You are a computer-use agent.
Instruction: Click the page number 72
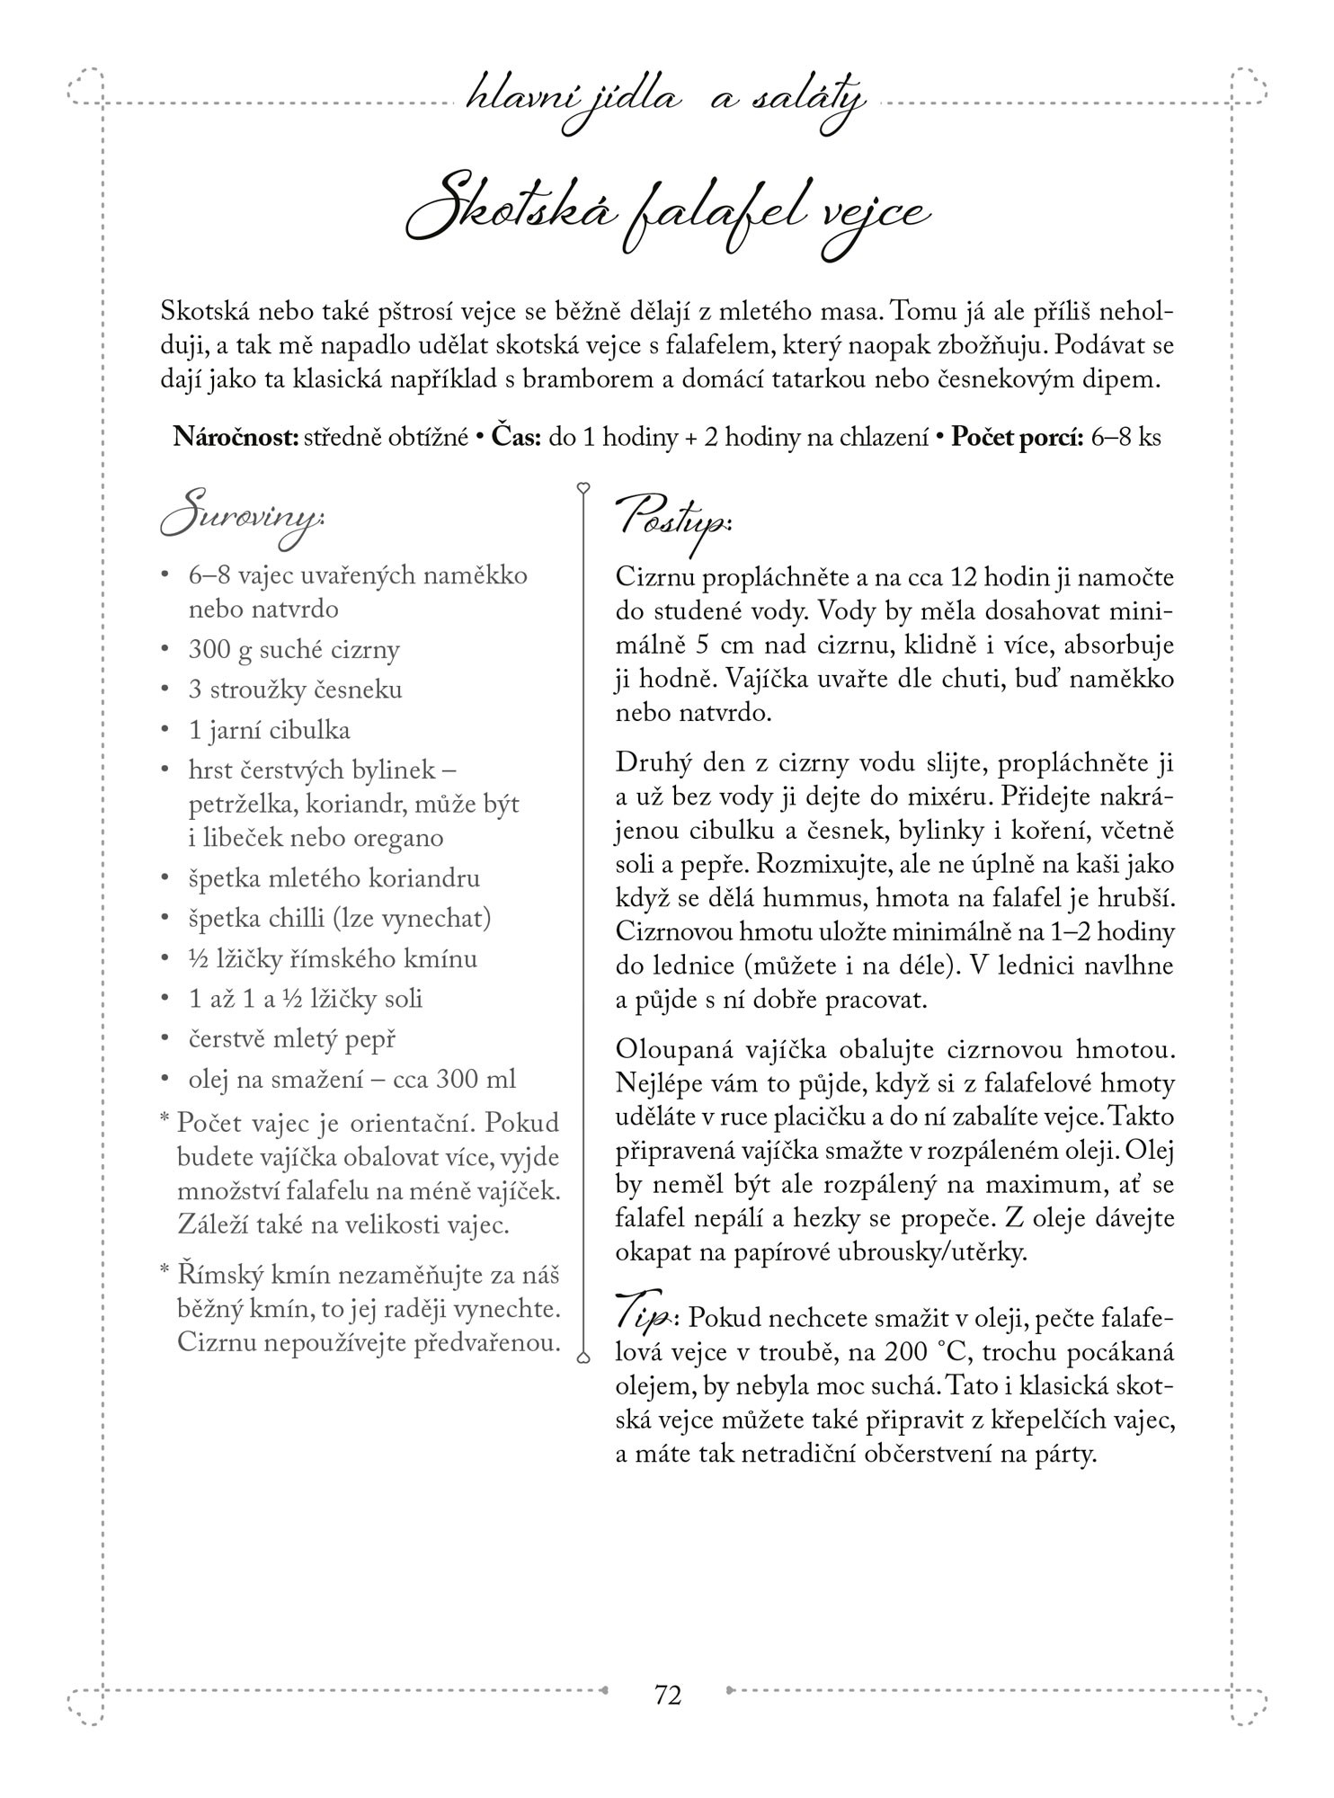pos(668,1694)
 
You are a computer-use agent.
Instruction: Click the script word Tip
pos(644,1318)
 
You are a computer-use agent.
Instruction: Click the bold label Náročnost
pos(236,438)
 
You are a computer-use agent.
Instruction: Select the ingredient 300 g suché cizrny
pos(294,649)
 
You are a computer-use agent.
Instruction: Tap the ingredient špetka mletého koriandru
pos(333,877)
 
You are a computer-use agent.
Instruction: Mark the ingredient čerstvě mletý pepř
pos(291,1039)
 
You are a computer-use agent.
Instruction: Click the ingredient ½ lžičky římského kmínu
pos(333,958)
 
